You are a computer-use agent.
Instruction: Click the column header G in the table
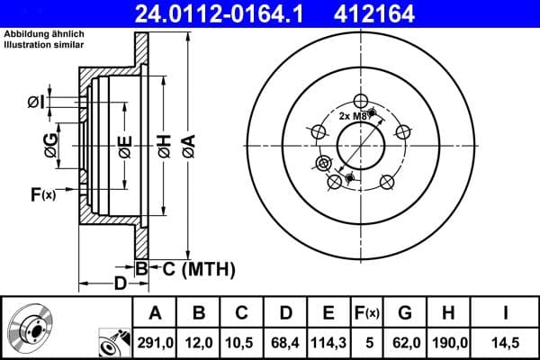(405, 312)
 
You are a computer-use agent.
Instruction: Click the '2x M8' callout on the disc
(353, 116)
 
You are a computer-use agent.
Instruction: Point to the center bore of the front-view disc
(360, 145)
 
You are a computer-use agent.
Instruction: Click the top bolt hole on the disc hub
(360, 101)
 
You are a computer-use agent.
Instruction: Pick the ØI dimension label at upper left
(36, 101)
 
